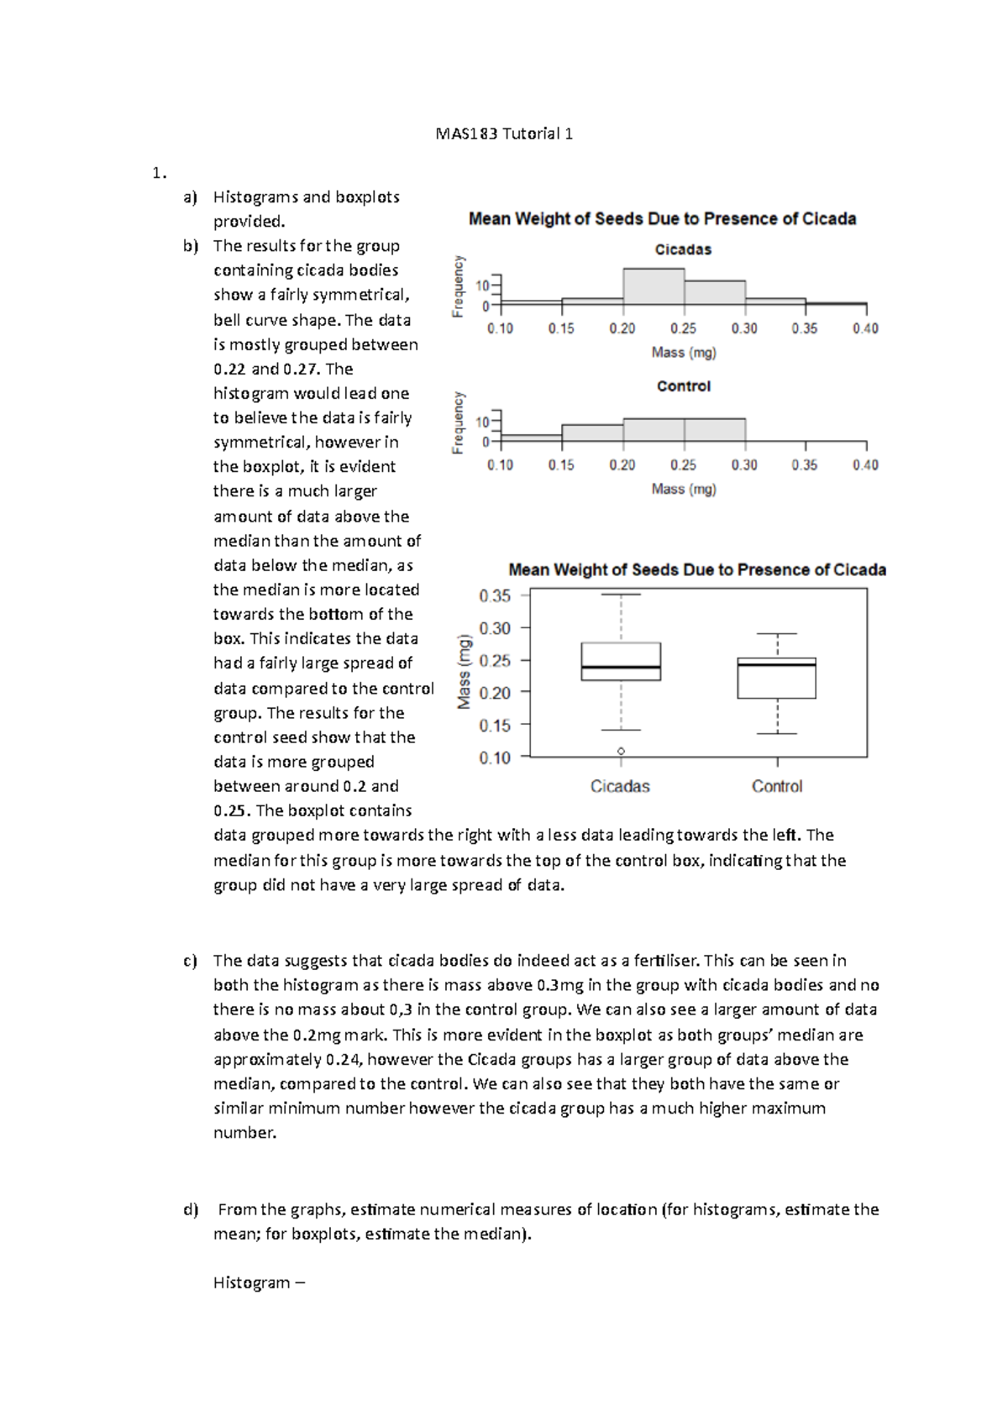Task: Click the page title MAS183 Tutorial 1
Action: click(504, 134)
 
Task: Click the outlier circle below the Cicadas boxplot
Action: click(621, 751)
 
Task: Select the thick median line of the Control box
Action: click(777, 664)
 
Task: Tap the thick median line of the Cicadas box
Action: click(621, 668)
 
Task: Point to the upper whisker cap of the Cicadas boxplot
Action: click(621, 595)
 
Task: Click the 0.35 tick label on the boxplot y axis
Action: click(495, 595)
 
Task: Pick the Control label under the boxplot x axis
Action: click(777, 786)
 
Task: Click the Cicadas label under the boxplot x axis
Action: click(620, 786)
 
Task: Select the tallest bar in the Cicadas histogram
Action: click(654, 286)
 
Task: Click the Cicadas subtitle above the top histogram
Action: click(683, 249)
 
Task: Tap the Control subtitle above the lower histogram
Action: click(683, 386)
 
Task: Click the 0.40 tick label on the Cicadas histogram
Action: click(865, 328)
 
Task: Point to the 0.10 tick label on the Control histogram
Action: click(500, 464)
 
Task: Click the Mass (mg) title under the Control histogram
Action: click(684, 489)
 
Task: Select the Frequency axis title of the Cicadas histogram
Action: click(459, 286)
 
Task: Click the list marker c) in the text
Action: click(190, 961)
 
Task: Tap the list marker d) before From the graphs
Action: click(190, 1209)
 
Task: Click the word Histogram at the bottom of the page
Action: click(251, 1282)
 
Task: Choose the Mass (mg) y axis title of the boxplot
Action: click(465, 672)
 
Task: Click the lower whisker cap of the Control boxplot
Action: click(777, 734)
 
